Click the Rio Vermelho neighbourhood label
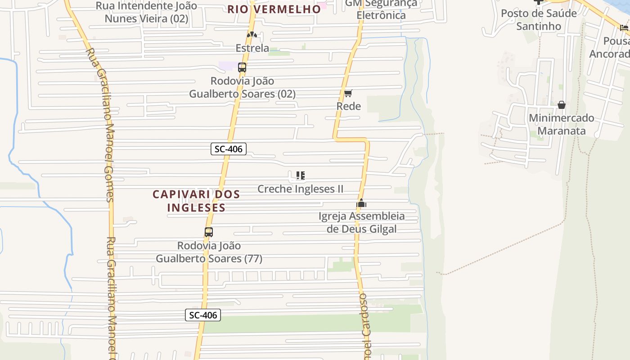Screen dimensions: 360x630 click(x=274, y=9)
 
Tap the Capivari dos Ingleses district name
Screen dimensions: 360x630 click(x=196, y=201)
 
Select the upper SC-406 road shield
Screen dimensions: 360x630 click(x=229, y=149)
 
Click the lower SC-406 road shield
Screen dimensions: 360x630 click(x=203, y=315)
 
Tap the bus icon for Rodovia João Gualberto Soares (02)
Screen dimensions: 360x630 click(x=242, y=68)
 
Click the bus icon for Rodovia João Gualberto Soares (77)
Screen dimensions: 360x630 click(x=209, y=232)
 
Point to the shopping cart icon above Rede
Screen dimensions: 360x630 click(x=348, y=94)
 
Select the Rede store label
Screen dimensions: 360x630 click(x=349, y=106)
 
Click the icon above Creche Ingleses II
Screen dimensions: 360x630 click(x=300, y=175)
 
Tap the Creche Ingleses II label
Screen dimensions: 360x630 click(x=300, y=189)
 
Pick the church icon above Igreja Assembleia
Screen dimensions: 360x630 click(x=361, y=203)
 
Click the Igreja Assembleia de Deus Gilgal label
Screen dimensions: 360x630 click(x=361, y=222)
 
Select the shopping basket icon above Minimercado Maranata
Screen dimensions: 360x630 click(x=562, y=105)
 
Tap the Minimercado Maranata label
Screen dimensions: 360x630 click(x=562, y=124)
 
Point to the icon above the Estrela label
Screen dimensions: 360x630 click(x=252, y=35)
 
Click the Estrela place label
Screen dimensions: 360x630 click(x=252, y=48)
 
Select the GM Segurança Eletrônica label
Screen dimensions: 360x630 click(x=381, y=9)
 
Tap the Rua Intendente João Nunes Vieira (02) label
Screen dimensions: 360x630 click(x=146, y=12)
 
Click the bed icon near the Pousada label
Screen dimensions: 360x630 click(x=624, y=28)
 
